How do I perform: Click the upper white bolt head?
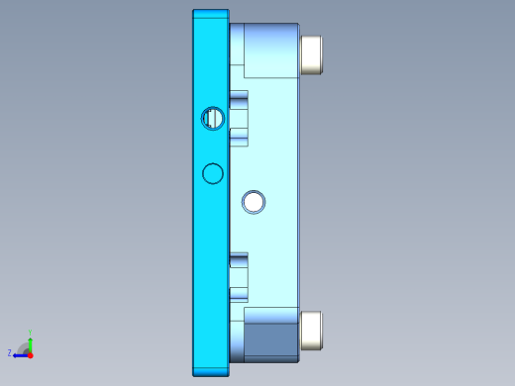[x=312, y=54]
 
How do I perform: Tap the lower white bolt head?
[x=312, y=330]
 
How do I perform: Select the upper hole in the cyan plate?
[x=212, y=118]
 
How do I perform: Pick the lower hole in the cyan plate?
[x=212, y=174]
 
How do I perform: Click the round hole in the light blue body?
[x=254, y=202]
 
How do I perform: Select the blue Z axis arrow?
[x=19, y=353]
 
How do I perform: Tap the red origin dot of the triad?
[x=31, y=352]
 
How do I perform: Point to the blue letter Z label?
[x=10, y=353]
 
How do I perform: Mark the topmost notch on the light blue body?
[x=239, y=98]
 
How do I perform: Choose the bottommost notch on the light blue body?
[x=239, y=294]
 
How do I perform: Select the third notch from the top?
[x=239, y=258]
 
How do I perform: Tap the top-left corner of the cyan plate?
[x=194, y=12]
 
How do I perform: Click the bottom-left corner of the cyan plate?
[x=194, y=374]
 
